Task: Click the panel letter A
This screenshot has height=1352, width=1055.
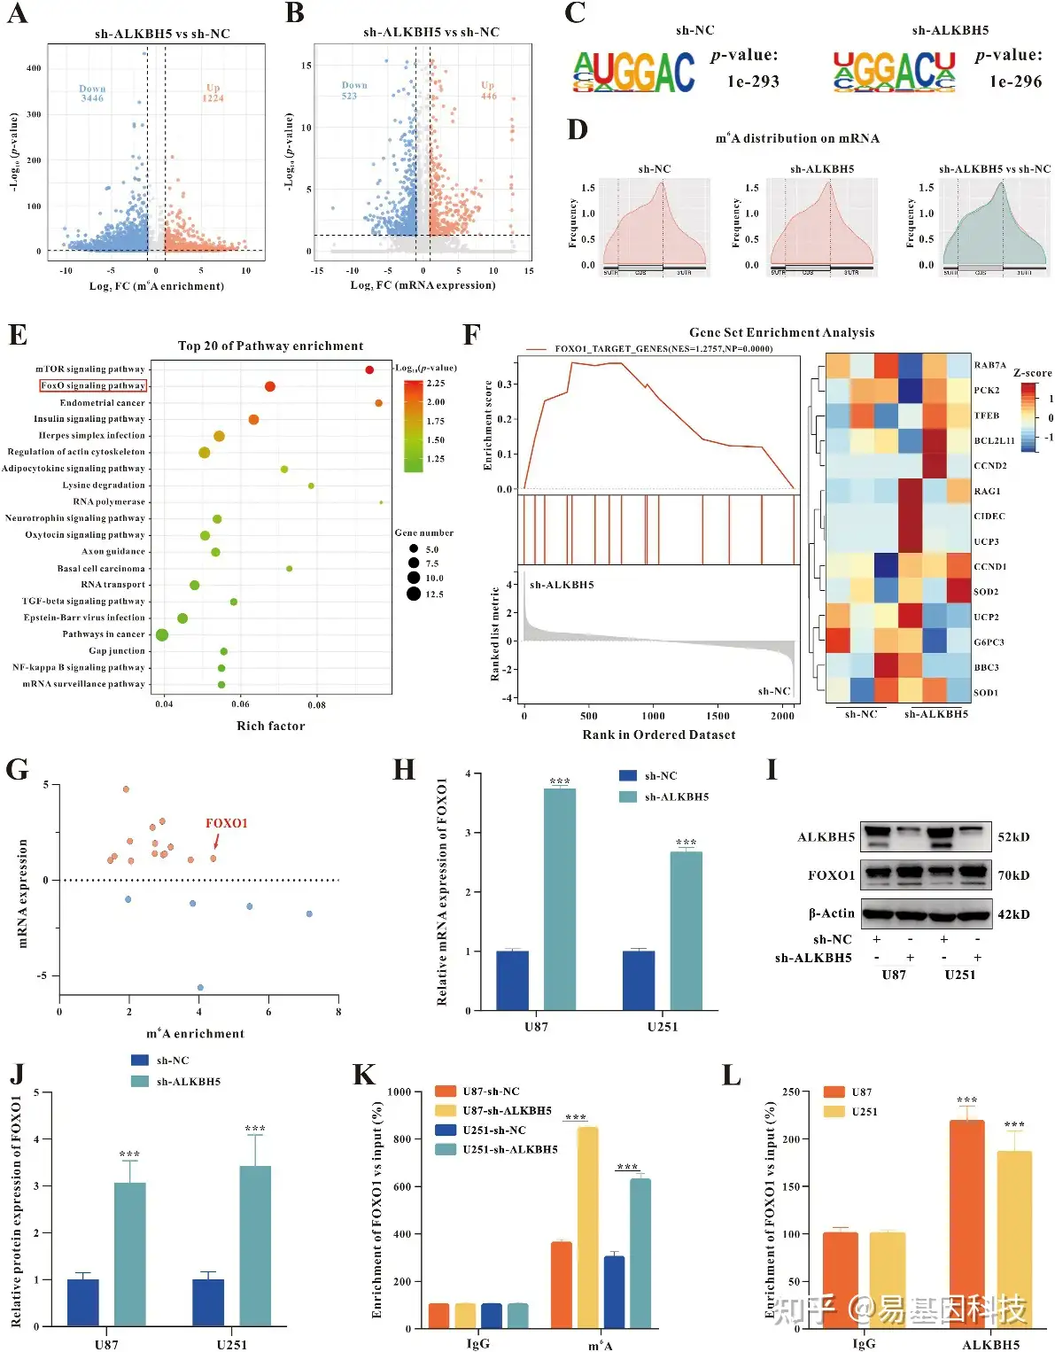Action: (17, 14)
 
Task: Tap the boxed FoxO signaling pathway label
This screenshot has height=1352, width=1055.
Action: (93, 385)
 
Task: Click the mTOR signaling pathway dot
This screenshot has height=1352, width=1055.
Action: (369, 369)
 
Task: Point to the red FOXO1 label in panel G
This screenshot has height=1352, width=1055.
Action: (227, 823)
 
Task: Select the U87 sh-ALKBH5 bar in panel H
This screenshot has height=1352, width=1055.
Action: (560, 898)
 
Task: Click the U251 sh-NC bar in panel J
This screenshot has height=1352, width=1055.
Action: (208, 1302)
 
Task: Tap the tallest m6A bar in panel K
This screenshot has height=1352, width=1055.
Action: (587, 1227)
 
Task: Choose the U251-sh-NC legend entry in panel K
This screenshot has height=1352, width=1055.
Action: (493, 1131)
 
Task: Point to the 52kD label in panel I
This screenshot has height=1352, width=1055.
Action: (1013, 837)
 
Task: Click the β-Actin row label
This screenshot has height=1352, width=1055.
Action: (832, 913)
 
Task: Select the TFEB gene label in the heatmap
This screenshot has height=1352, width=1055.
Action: (987, 416)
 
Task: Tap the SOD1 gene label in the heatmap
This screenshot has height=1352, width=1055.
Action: (986, 693)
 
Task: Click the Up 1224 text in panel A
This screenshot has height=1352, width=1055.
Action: (213, 93)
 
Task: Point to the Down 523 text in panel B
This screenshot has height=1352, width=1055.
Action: (353, 90)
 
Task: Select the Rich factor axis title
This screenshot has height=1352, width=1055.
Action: (270, 726)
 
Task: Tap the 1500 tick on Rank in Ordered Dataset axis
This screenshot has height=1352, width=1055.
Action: (718, 716)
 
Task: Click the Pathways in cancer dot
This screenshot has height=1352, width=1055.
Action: (162, 634)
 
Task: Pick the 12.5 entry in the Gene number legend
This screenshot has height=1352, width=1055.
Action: (434, 594)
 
